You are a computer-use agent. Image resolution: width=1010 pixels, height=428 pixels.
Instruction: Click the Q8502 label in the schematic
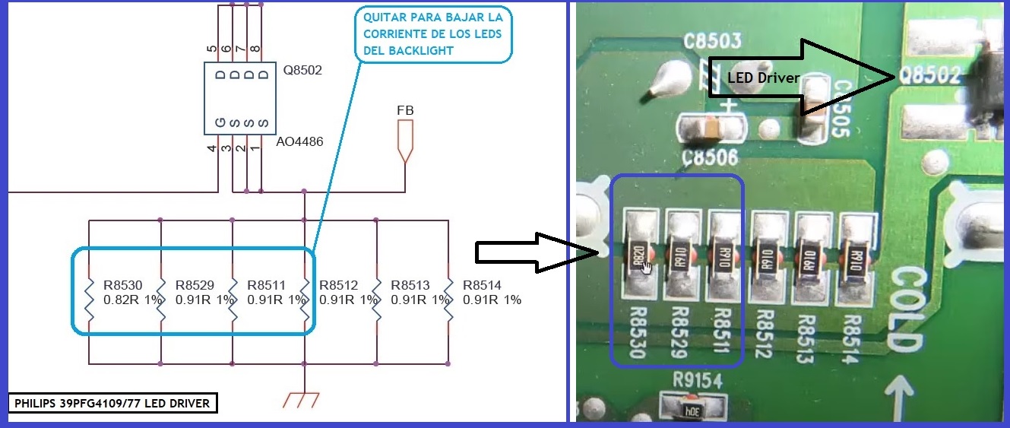point(302,71)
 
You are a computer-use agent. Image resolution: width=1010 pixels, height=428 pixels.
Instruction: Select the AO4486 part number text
point(299,141)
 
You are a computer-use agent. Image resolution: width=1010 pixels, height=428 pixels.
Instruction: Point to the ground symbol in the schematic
point(303,398)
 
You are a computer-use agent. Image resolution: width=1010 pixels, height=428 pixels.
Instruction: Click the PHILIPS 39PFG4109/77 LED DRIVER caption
point(112,403)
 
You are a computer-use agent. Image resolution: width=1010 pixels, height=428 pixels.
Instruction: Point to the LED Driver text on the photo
point(762,77)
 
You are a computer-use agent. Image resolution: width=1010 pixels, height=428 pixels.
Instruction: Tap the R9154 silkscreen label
point(698,379)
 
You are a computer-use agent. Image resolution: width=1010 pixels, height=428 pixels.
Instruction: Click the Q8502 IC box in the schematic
point(239,97)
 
